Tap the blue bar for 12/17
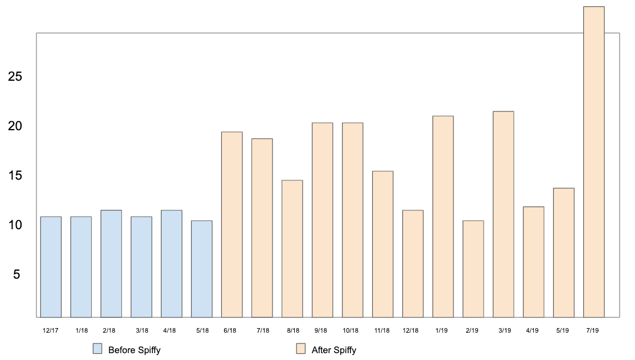tap(51, 267)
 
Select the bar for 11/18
tap(382, 244)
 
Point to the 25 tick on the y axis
tap(15, 76)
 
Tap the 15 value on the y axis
tap(15, 176)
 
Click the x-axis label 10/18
tap(351, 330)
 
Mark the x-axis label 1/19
tap(441, 330)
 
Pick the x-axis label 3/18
tap(142, 330)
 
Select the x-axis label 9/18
tap(320, 330)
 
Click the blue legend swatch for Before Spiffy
tap(97, 349)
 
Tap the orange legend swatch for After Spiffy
tap(300, 349)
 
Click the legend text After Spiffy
tap(334, 350)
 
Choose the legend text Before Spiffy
tap(134, 350)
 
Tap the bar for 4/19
tap(533, 262)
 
